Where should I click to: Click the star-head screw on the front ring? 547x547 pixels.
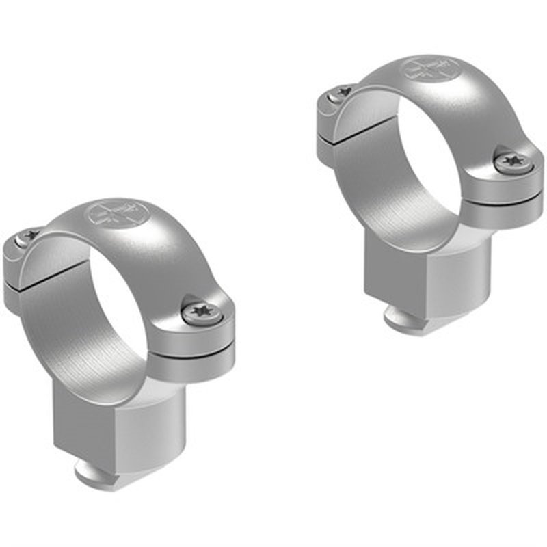coord(202,314)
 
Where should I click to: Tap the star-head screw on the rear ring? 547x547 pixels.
coord(511,162)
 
